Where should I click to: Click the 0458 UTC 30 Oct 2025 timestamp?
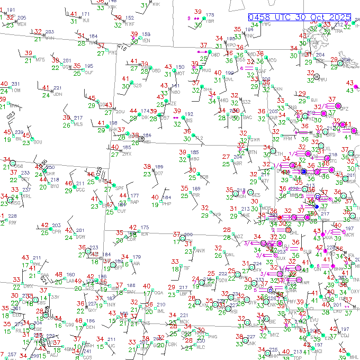(x=300, y=17)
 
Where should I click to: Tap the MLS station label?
(x=78, y=124)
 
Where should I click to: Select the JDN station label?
(x=58, y=95)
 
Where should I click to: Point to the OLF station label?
(x=89, y=73)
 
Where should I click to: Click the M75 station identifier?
(x=40, y=60)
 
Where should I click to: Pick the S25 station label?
(x=137, y=86)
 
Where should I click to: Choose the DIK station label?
(x=145, y=118)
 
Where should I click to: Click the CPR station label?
(x=56, y=232)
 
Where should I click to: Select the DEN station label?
(x=91, y=327)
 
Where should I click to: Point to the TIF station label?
(x=186, y=268)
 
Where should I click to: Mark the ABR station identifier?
(x=238, y=163)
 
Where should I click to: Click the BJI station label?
(x=314, y=101)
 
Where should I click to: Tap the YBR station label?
(x=210, y=21)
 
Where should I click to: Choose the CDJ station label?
(x=345, y=335)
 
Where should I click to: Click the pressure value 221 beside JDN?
(x=57, y=88)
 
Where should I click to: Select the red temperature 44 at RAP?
(x=122, y=196)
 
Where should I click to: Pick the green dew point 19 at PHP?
(x=155, y=204)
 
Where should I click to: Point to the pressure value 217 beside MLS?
(x=78, y=118)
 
